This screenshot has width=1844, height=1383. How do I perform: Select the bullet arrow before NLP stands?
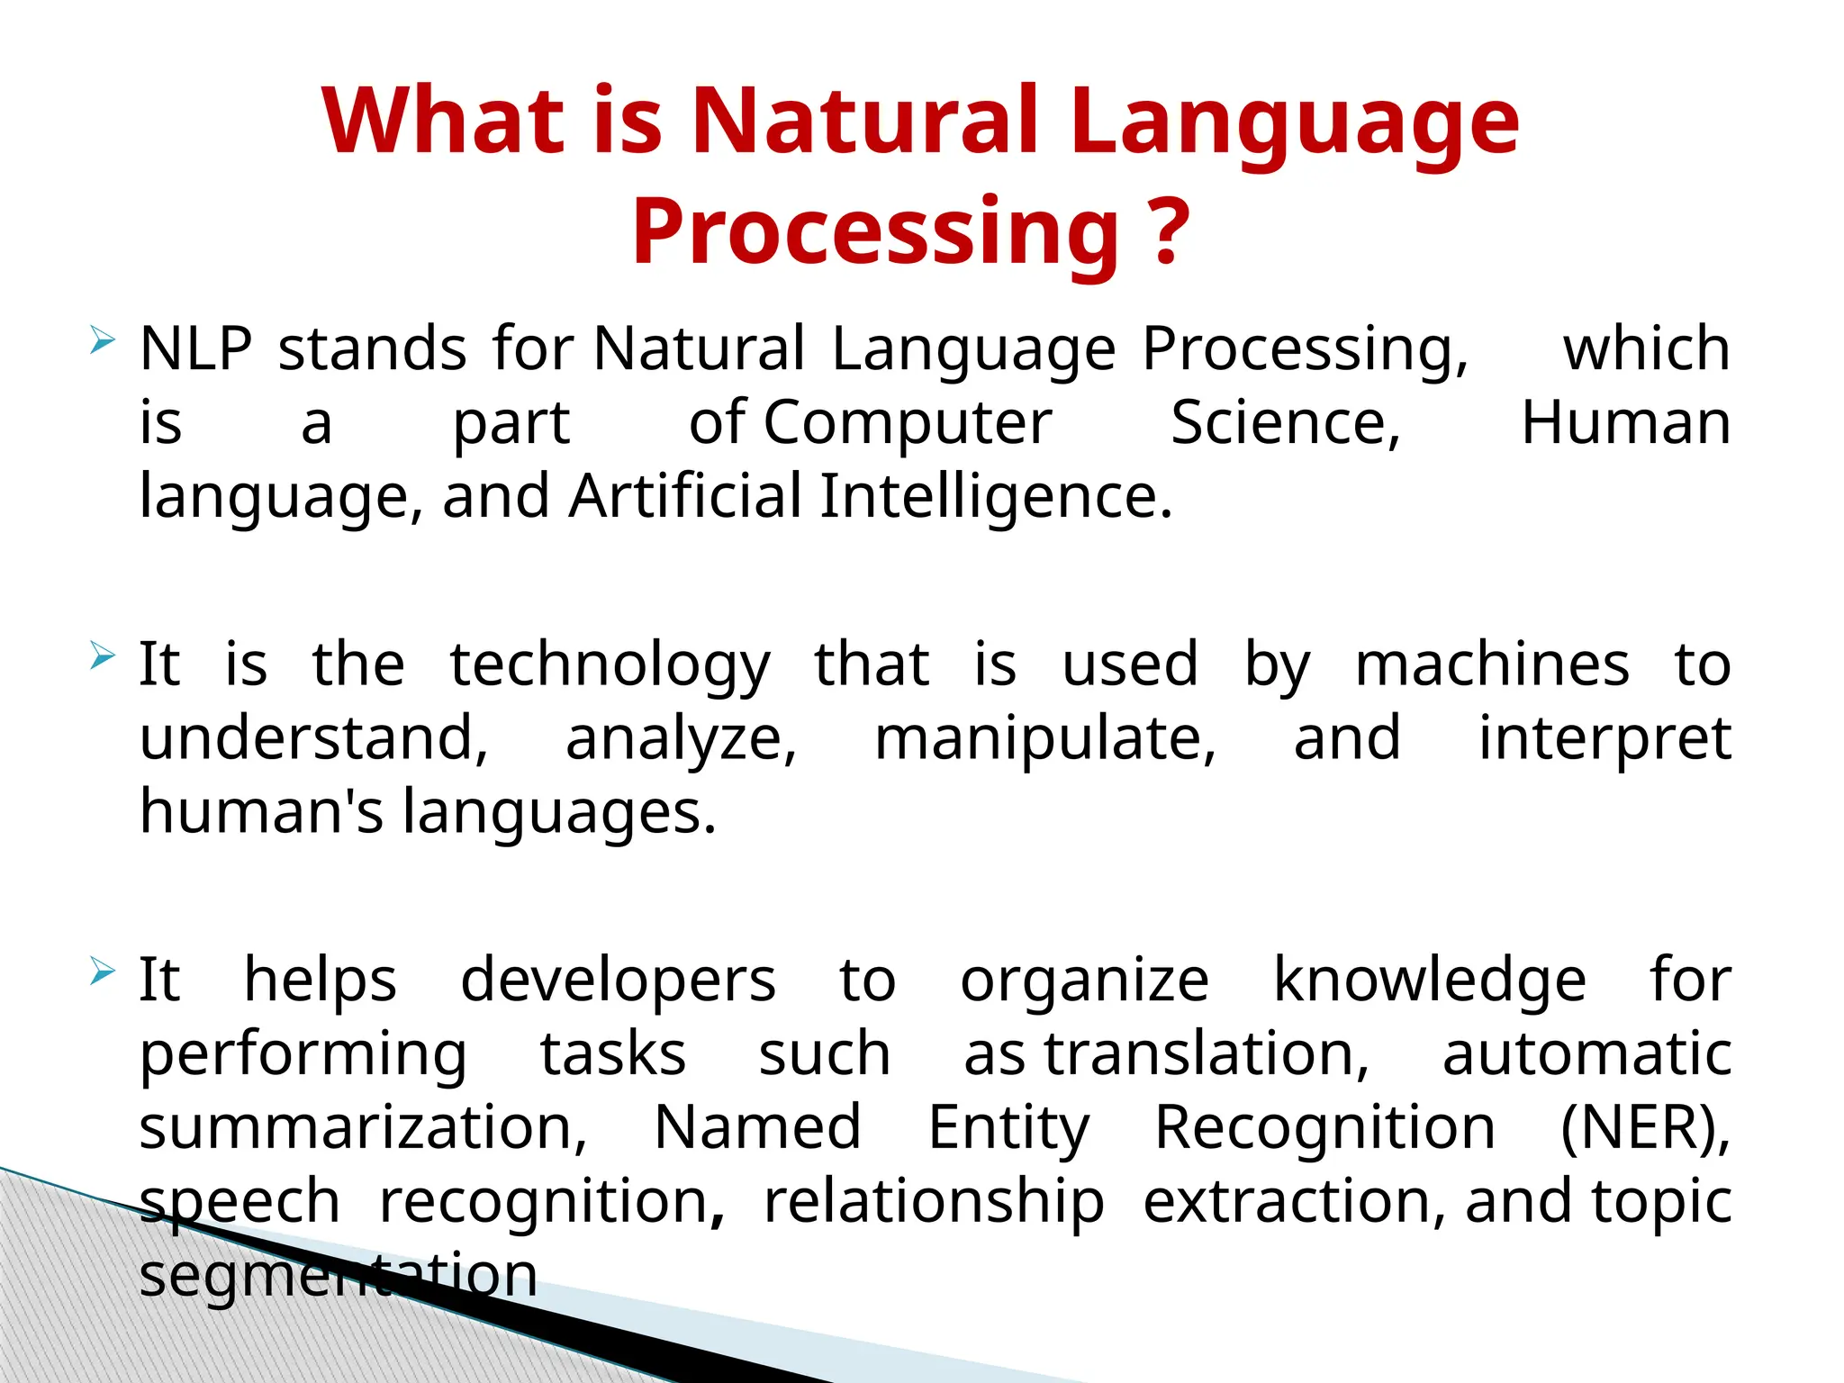pyautogui.click(x=103, y=341)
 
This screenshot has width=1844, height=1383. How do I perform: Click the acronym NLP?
pyautogui.click(x=196, y=348)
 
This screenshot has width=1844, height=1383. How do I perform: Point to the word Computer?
pyautogui.click(x=908, y=423)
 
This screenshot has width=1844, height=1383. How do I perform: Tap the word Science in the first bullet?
pyautogui.click(x=1286, y=422)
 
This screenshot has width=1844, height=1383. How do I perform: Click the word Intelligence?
pyautogui.click(x=996, y=496)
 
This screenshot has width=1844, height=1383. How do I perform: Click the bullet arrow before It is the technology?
pyautogui.click(x=103, y=656)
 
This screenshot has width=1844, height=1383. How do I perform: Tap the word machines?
pyautogui.click(x=1492, y=664)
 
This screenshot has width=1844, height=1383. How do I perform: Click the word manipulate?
pyautogui.click(x=1045, y=738)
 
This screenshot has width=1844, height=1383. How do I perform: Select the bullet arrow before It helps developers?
pyautogui.click(x=103, y=972)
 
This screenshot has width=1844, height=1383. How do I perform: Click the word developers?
pyautogui.click(x=618, y=981)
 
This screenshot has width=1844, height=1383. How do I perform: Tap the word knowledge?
pyautogui.click(x=1430, y=981)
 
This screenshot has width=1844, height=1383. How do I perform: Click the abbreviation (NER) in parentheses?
pyautogui.click(x=1644, y=1127)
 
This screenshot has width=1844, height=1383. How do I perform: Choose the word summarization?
pyautogui.click(x=363, y=1127)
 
